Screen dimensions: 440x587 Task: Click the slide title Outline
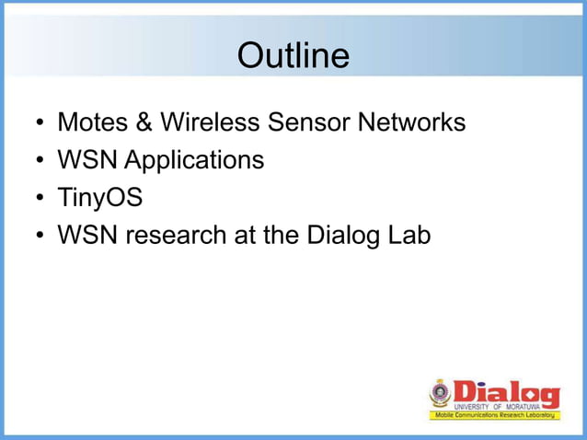pyautogui.click(x=293, y=57)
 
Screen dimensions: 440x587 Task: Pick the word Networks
pyautogui.click(x=415, y=122)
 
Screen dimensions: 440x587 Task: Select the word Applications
pyautogui.click(x=193, y=161)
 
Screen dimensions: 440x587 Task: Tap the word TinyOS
pyautogui.click(x=99, y=199)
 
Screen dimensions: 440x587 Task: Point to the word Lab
pyautogui.click(x=409, y=236)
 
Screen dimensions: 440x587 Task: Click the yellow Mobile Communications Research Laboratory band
pyautogui.click(x=494, y=416)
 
